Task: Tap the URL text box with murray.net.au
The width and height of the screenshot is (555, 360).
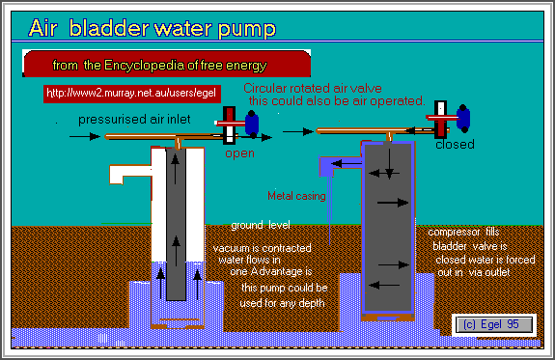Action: [133, 94]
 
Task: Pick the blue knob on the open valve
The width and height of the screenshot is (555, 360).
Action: [253, 123]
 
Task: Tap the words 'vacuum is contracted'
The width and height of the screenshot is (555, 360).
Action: [259, 247]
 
